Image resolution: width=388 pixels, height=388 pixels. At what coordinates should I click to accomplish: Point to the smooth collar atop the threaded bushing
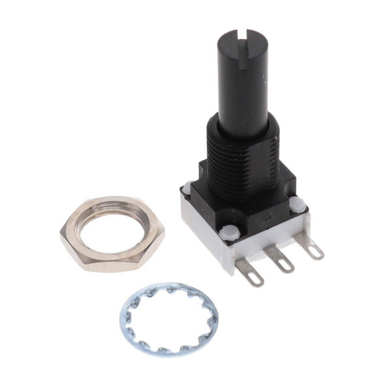[x=242, y=124]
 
